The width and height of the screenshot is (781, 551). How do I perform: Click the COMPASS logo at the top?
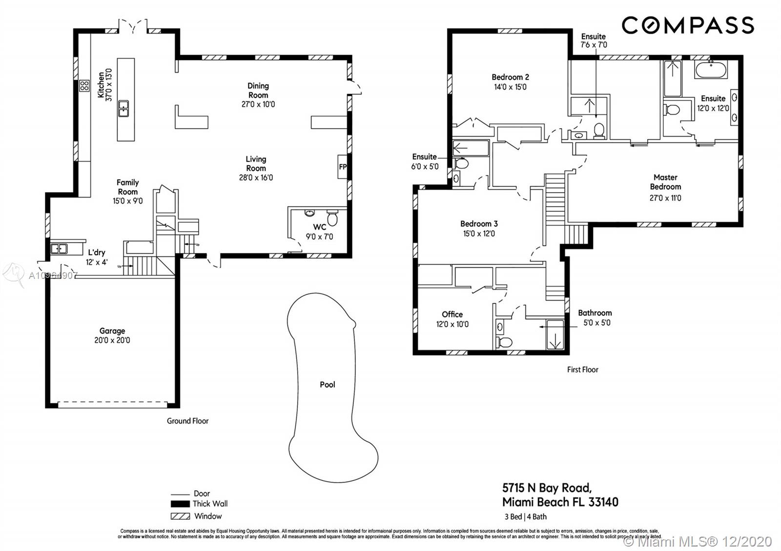click(687, 25)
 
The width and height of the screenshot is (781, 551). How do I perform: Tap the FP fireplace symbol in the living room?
click(343, 167)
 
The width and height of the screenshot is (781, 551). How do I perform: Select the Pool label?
click(327, 384)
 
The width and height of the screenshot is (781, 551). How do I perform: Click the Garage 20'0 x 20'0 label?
click(112, 335)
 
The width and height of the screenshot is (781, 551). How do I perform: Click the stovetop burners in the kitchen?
click(84, 86)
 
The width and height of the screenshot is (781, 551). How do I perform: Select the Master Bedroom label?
click(665, 182)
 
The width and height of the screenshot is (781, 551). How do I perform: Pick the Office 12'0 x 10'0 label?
click(452, 319)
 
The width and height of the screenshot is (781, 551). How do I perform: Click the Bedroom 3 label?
click(478, 224)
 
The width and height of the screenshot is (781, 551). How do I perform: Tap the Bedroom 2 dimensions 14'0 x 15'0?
click(510, 87)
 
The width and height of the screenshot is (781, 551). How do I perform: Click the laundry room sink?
click(59, 249)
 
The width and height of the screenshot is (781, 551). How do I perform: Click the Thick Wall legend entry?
click(199, 504)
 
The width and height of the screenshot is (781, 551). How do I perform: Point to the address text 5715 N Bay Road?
click(547, 488)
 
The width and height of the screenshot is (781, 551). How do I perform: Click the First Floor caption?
click(582, 370)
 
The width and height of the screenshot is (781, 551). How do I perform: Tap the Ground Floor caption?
click(187, 421)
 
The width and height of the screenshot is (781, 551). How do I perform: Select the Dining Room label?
click(258, 90)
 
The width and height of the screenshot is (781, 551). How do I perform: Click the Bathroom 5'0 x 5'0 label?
click(595, 317)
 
